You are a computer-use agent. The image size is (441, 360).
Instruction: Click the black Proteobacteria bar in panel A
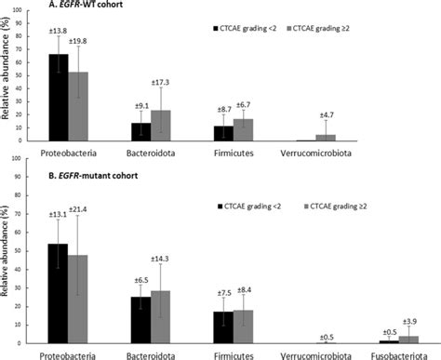tap(59, 97)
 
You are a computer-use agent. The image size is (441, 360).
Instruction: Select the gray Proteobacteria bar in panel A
tap(78, 106)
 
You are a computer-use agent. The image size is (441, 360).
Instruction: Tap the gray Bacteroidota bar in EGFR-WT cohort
tap(161, 126)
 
